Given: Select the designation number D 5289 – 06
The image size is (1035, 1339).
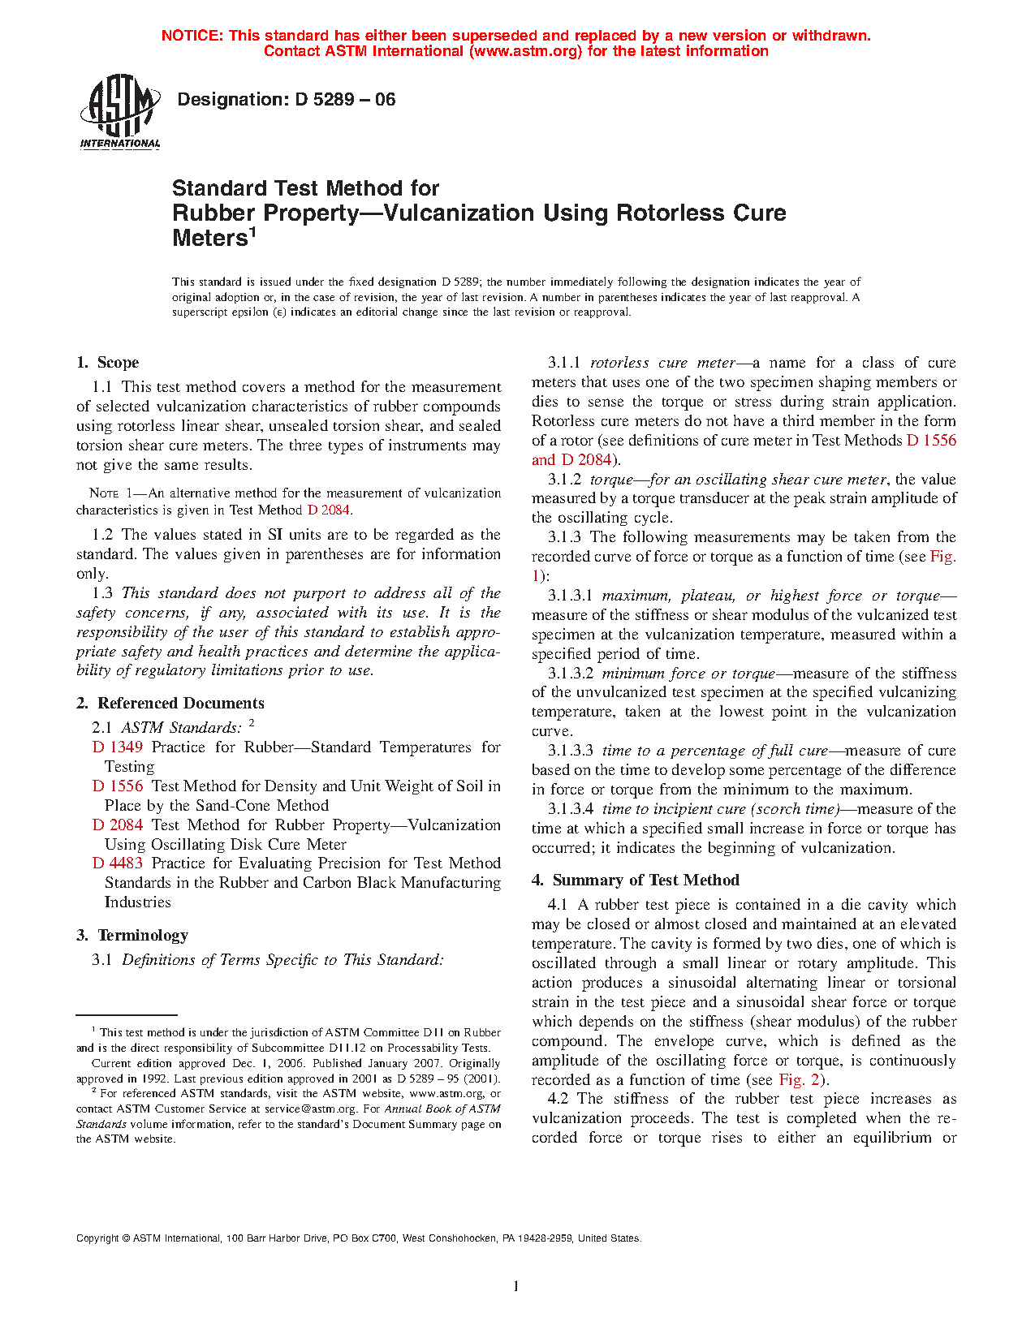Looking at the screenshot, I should tap(345, 100).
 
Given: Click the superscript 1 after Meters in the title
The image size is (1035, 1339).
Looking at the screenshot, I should tap(252, 233).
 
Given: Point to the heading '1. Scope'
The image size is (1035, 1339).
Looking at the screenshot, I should tap(107, 363).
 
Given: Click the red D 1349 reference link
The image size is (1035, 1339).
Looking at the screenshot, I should tap(118, 747).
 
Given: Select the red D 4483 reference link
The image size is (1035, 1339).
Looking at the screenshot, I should tap(118, 863).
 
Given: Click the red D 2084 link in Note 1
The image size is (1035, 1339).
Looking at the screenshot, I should tap(329, 510).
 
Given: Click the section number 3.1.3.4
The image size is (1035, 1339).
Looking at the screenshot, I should tap(571, 809).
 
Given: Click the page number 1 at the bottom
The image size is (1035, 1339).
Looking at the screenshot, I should tap(516, 1286).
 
